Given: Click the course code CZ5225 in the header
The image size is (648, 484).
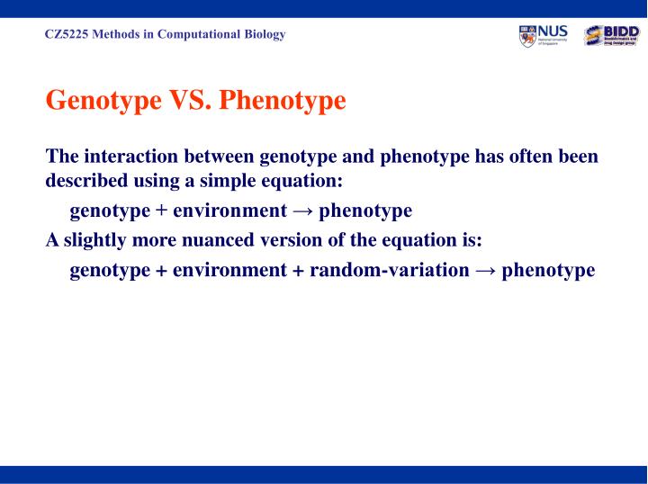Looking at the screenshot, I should point(65,35).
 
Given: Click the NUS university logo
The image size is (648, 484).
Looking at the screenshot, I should point(544,36).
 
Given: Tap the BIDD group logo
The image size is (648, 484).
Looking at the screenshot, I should point(611,36).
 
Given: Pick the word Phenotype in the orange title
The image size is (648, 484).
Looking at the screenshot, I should point(283,100).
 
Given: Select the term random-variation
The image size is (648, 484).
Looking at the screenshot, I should point(389,270).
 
